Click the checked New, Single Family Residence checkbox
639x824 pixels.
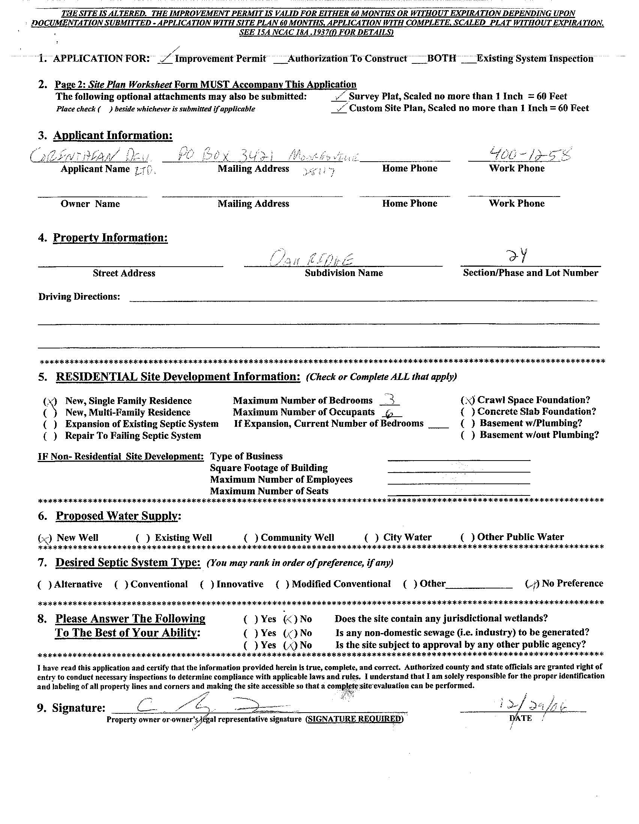50,401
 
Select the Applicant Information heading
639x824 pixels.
113,135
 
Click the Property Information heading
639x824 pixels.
110,238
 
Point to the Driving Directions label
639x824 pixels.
79,297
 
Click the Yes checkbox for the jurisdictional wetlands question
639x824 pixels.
250,619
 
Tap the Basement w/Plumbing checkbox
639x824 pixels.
467,423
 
